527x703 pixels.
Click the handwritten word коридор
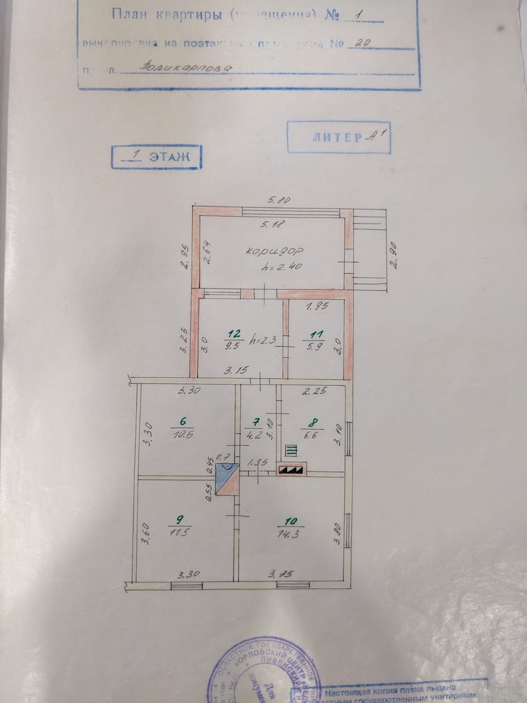pos(275,250)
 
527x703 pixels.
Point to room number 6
pos(183,420)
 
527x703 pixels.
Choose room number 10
pos(291,521)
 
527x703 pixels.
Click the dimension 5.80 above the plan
pos(279,200)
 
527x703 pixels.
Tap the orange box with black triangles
pos(290,470)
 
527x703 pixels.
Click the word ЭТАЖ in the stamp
pos(169,156)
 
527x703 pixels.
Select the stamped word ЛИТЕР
pos(337,138)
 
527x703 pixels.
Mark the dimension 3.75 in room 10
pos(281,574)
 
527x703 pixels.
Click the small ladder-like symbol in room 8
pos(292,450)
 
